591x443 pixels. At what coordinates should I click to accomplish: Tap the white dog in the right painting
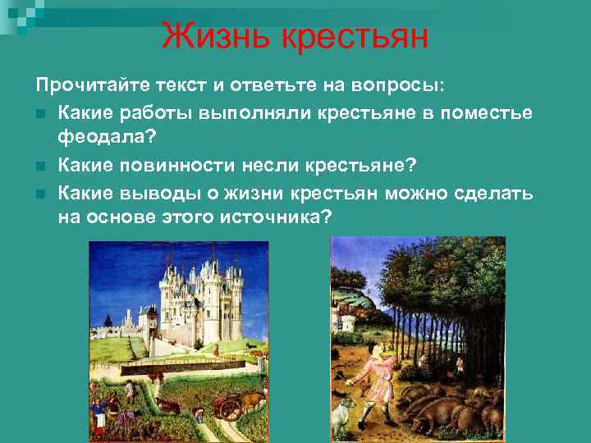tap(340, 418)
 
